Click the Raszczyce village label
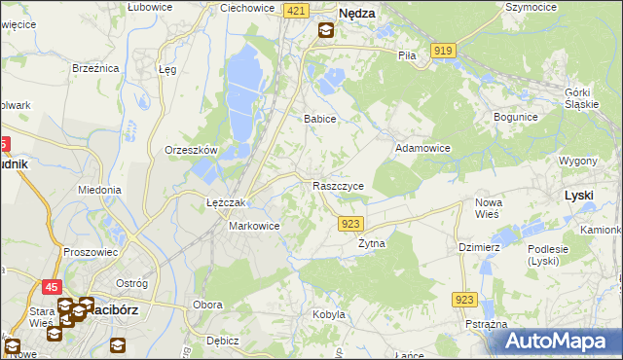pos(339,186)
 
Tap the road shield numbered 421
pos(298,10)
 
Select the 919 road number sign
pos(444,50)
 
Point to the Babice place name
pos(319,119)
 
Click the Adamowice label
pos(421,149)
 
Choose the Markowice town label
pos(254,226)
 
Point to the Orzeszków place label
pos(190,150)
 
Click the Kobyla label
pos(329,314)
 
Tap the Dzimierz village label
pos(479,247)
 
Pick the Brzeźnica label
pos(95,68)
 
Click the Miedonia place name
pos(99,190)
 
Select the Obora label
pos(207,305)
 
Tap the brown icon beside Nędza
pos(325,30)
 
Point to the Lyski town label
pos(579,196)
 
